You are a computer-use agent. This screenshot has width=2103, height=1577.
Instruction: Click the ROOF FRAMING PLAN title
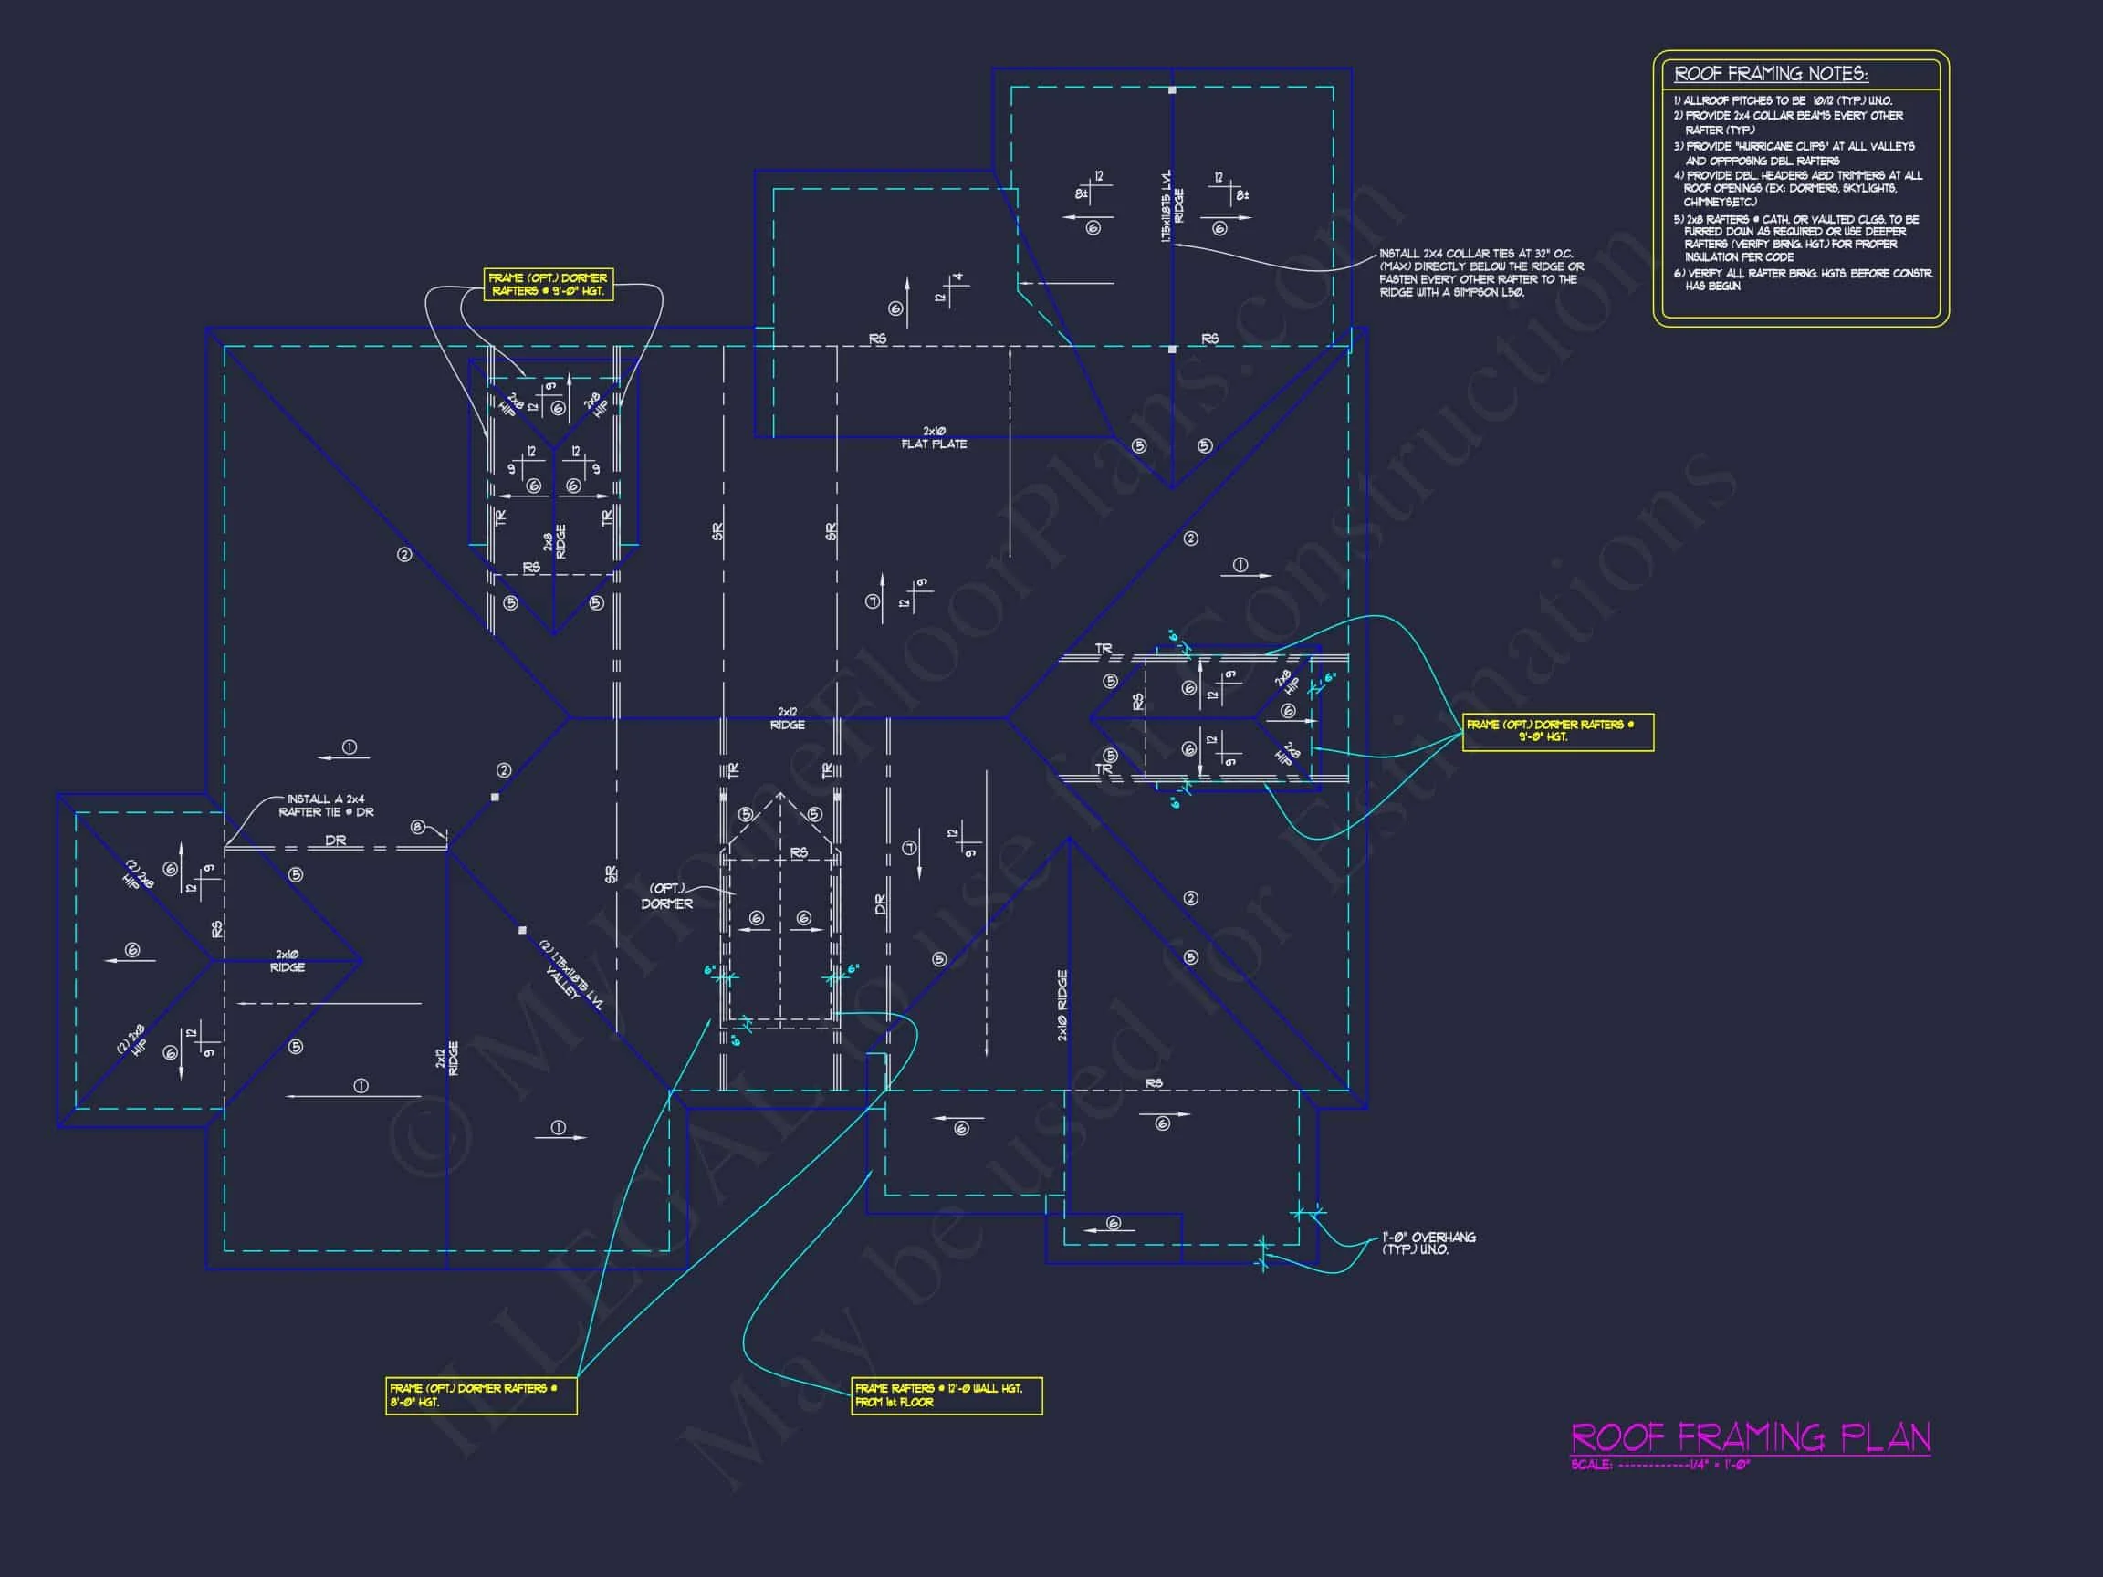[x=1751, y=1436]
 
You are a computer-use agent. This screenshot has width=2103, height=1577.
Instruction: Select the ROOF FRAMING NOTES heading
[x=1770, y=74]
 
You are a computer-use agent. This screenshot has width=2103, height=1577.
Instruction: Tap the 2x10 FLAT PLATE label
[x=934, y=438]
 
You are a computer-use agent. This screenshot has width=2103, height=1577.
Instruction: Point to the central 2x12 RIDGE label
[x=787, y=718]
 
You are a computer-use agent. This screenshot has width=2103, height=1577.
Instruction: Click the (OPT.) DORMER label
[x=666, y=896]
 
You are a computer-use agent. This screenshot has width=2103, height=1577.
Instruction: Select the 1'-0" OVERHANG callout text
[x=1428, y=1243]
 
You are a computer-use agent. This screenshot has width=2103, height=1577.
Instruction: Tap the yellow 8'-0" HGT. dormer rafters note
[x=480, y=1395]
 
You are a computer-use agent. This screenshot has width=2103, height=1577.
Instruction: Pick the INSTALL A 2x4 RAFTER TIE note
[x=326, y=805]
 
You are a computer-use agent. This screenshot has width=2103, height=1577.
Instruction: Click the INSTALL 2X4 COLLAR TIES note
[x=1480, y=273]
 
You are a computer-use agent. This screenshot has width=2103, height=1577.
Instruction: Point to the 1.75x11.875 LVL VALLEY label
[x=570, y=976]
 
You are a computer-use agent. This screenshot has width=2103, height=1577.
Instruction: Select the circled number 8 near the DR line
[x=417, y=827]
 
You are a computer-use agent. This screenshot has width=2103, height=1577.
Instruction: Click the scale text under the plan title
[x=1660, y=1465]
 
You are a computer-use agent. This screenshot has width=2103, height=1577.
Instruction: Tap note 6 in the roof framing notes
[x=1802, y=279]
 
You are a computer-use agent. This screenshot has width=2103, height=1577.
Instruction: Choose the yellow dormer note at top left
[x=548, y=284]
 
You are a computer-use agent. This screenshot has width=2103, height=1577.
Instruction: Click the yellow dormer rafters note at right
[x=1557, y=731]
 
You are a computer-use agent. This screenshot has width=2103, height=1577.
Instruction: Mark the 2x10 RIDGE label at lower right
[x=1062, y=1005]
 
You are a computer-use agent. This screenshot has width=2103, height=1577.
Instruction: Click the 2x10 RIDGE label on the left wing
[x=288, y=961]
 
